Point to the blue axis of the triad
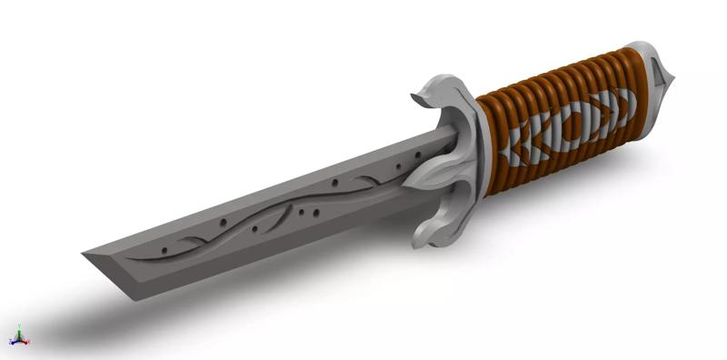point(12,341)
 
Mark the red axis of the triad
point(25,342)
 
